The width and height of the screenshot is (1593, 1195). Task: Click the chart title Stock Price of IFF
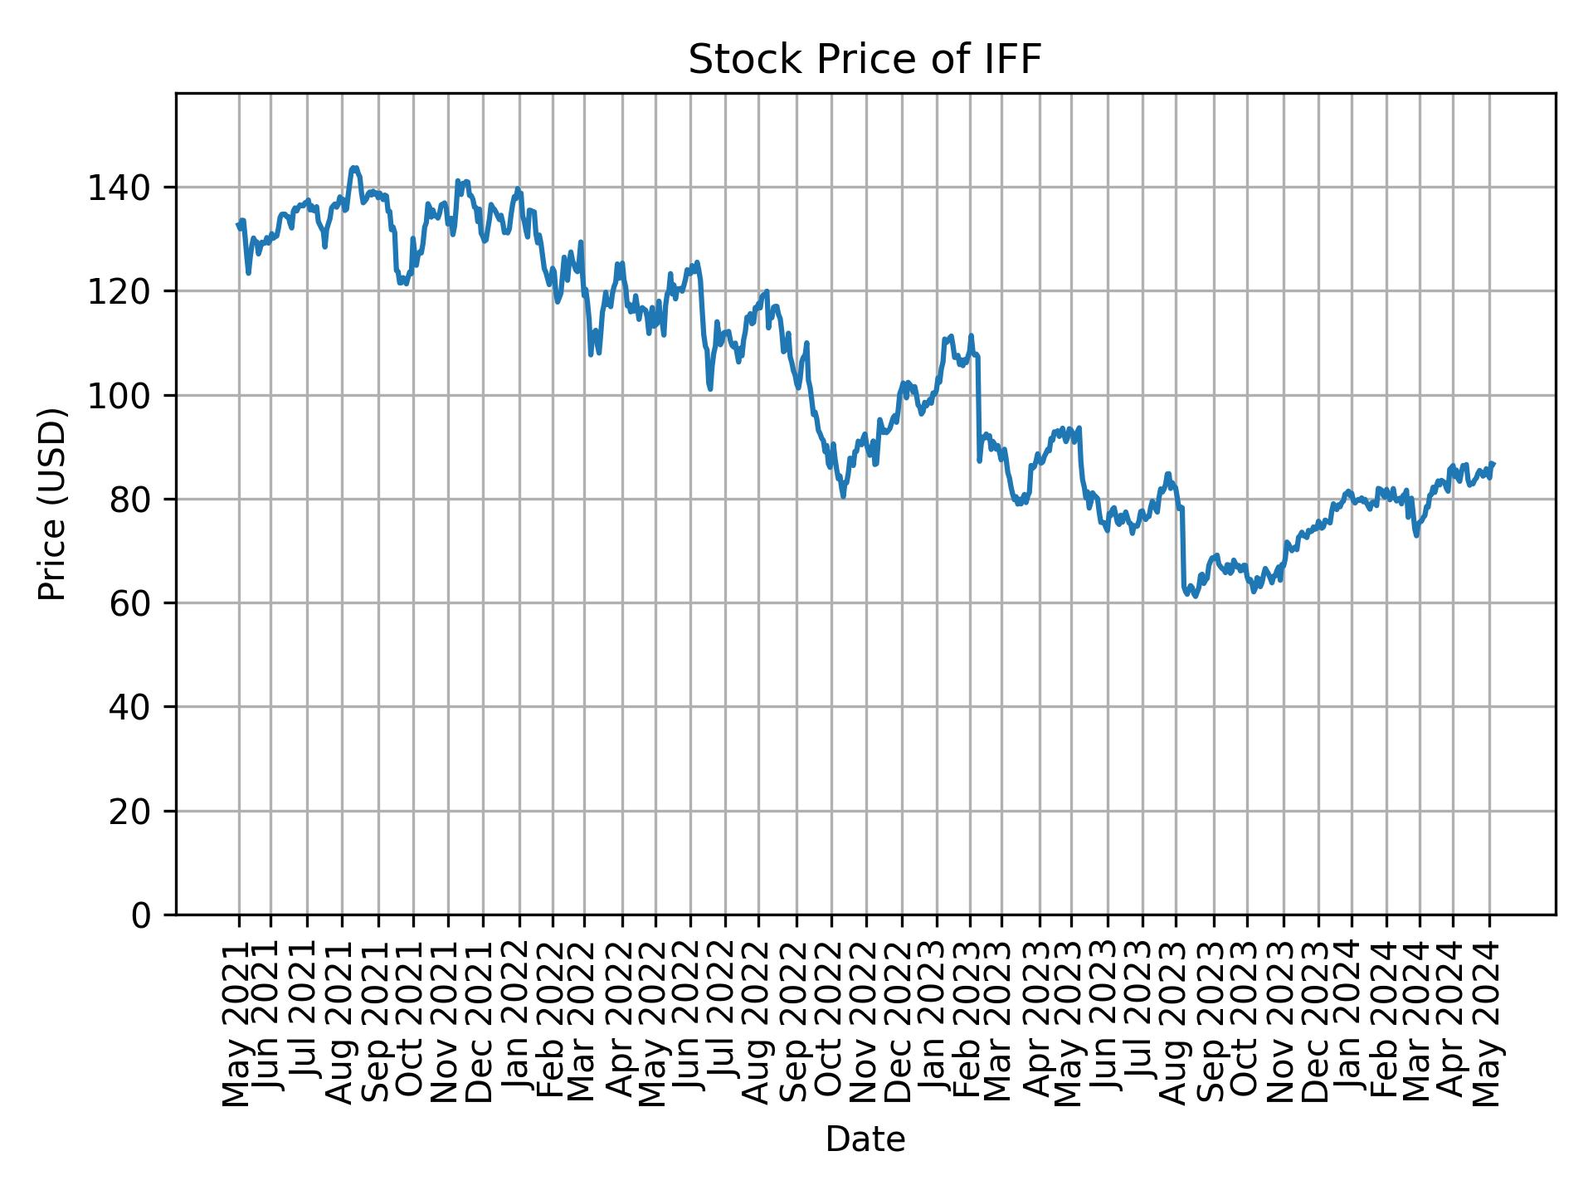click(865, 61)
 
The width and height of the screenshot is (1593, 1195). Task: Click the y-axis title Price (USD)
click(52, 504)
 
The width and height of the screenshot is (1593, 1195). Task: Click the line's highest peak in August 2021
click(354, 168)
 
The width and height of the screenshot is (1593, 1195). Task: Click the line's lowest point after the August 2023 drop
click(1195, 596)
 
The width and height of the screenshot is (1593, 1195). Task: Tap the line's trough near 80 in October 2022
click(843, 496)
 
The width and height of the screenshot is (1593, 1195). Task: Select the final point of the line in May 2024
click(1493, 464)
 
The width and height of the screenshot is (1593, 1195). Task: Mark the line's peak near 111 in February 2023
click(971, 336)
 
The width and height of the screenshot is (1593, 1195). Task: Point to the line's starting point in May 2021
click(239, 224)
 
